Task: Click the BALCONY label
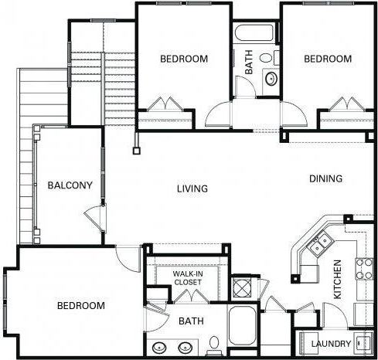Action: pyautogui.click(x=70, y=185)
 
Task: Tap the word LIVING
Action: pyautogui.click(x=192, y=188)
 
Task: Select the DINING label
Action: pyautogui.click(x=325, y=178)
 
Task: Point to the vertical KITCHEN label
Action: pyautogui.click(x=338, y=280)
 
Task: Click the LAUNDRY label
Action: pyautogui.click(x=332, y=344)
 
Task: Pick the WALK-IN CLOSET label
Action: pyautogui.click(x=187, y=278)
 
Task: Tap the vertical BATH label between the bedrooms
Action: pyautogui.click(x=249, y=62)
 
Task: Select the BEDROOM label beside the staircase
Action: pyautogui.click(x=183, y=59)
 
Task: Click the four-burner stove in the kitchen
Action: pyautogui.click(x=363, y=271)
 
